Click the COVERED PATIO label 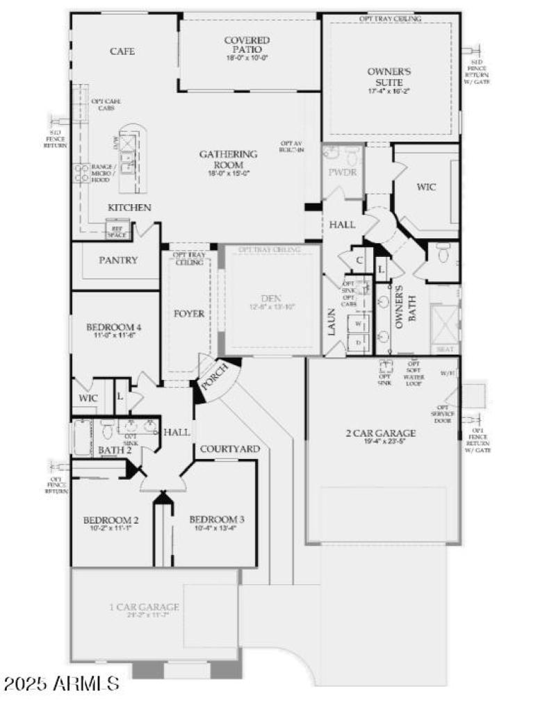(247, 45)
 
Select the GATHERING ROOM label (228, 159)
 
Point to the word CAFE (122, 51)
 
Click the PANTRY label (118, 260)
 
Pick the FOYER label (188, 314)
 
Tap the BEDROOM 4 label (114, 327)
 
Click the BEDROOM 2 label (111, 520)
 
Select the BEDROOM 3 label (217, 520)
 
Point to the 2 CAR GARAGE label (381, 433)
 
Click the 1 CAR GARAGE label (145, 608)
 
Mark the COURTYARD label (230, 449)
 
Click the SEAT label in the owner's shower (445, 349)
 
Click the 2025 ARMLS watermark (61, 683)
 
